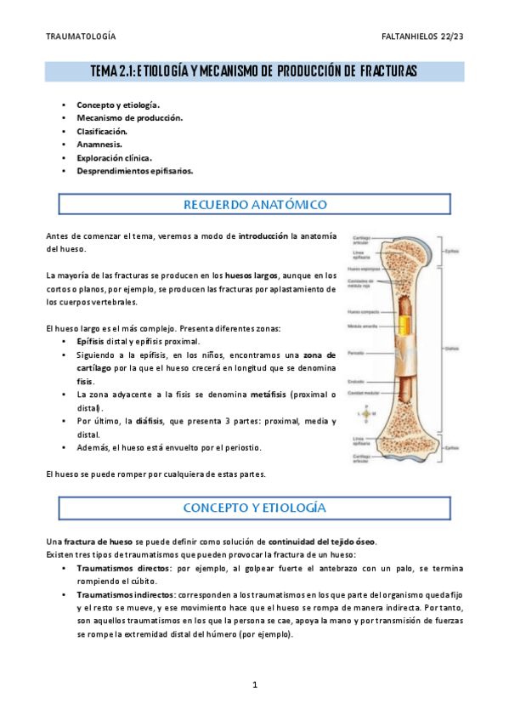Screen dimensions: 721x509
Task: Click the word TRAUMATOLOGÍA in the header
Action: [x=81, y=37]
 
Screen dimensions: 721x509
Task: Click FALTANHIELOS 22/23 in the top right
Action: [x=422, y=37]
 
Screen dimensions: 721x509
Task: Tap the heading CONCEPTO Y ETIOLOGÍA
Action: [x=255, y=508]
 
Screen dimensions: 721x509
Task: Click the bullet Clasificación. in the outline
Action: [x=102, y=132]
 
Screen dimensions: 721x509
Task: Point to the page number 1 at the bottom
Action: [x=254, y=685]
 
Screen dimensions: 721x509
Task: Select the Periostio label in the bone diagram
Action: [x=358, y=351]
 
